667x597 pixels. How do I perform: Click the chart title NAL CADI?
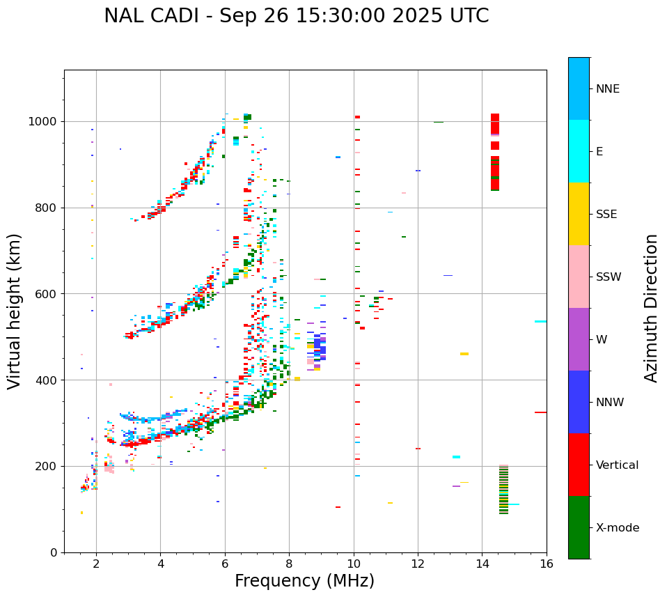pos(296,16)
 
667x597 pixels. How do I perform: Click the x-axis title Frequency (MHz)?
pos(304,581)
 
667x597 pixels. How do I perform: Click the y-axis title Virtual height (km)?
pos(15,311)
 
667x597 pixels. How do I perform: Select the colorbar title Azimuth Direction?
pos(651,308)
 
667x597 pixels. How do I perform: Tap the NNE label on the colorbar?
pos(607,89)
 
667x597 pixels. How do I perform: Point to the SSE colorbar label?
pos(606,215)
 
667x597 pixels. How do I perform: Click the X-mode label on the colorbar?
pos(617,528)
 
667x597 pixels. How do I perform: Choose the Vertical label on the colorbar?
pos(617,465)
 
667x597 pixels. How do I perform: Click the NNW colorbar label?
pos(609,403)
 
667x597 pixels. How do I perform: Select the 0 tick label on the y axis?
pos(54,552)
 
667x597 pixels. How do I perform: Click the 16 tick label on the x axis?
pos(547,564)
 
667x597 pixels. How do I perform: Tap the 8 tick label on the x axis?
pos(289,564)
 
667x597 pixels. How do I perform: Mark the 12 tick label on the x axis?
pos(418,564)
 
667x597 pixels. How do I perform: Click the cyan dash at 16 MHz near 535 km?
pos(540,322)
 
